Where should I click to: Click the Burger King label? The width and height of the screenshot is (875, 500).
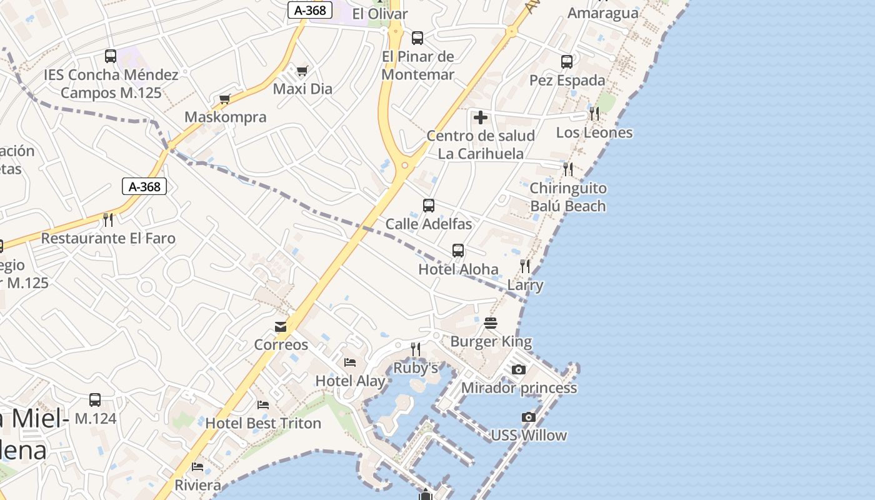pos(491,341)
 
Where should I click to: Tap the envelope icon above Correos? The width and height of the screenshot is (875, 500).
pos(281,327)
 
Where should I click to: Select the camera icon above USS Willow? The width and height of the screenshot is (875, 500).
pos(529,417)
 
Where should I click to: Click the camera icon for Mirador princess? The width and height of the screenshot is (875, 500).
pos(518,369)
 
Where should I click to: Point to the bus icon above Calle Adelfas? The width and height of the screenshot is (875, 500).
pos(429,206)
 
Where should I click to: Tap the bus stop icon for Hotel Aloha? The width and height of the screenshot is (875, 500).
pos(458,251)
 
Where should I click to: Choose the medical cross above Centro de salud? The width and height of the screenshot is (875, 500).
pos(481,117)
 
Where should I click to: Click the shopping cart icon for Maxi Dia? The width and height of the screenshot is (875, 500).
pos(302,71)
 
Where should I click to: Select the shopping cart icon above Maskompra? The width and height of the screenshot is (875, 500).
pos(225,99)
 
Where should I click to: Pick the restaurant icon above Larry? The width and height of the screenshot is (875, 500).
pos(525,267)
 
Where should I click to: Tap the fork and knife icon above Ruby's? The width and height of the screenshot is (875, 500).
pos(416,349)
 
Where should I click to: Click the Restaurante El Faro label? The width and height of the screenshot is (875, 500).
pos(108,238)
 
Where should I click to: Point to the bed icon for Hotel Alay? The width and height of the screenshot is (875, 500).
pos(350,362)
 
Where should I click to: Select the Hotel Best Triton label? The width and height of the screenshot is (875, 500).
pos(263,423)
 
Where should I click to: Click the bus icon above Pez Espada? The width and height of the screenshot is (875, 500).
pos(567,62)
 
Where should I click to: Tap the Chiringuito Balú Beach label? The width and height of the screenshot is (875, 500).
pos(567,197)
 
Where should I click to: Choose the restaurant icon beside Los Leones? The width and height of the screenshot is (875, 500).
pos(594,114)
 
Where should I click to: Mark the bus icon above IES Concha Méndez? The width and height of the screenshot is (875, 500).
pos(111,56)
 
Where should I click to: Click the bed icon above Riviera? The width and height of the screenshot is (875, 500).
pos(197,467)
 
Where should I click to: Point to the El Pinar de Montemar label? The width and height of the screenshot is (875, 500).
pos(417,65)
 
